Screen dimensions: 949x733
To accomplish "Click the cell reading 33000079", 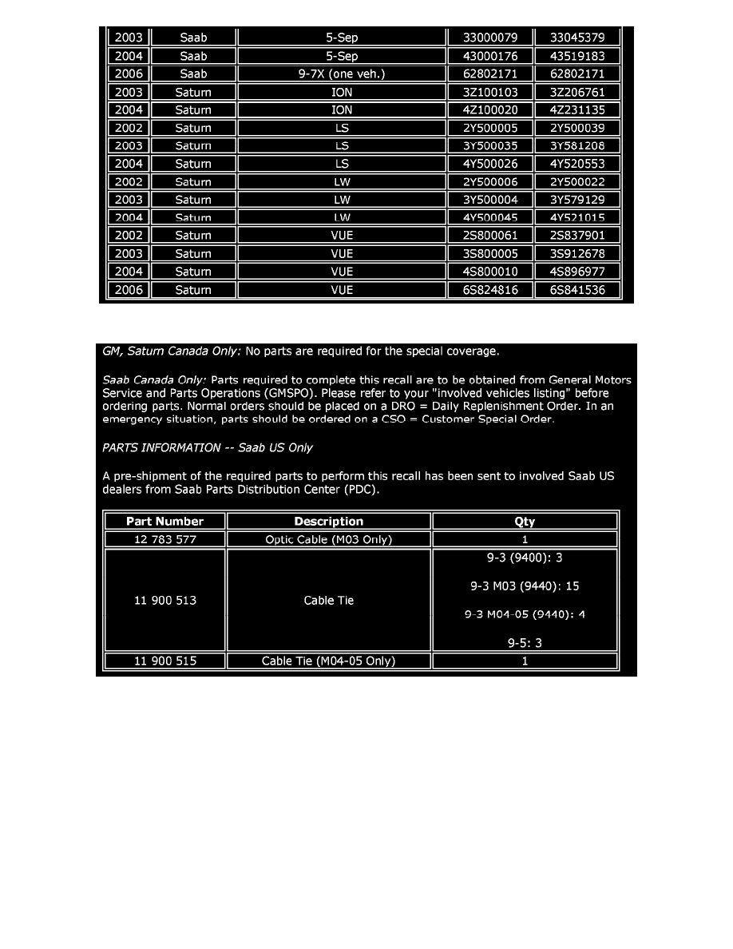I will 490,38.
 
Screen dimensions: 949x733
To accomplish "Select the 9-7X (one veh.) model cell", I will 342,74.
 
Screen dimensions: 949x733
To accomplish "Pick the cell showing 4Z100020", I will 490,110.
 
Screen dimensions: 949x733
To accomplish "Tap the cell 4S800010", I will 490,272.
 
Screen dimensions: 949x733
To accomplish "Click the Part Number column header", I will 165,522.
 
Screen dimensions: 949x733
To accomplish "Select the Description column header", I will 329,522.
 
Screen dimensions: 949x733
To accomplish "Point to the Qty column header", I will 525,522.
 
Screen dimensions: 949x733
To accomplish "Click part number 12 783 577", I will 165,539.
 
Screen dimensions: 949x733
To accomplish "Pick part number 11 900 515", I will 165,661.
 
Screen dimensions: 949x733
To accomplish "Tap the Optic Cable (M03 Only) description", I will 329,539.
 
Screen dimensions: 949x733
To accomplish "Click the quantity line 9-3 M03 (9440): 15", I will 525,586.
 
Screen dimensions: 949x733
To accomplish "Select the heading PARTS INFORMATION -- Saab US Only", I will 208,447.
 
